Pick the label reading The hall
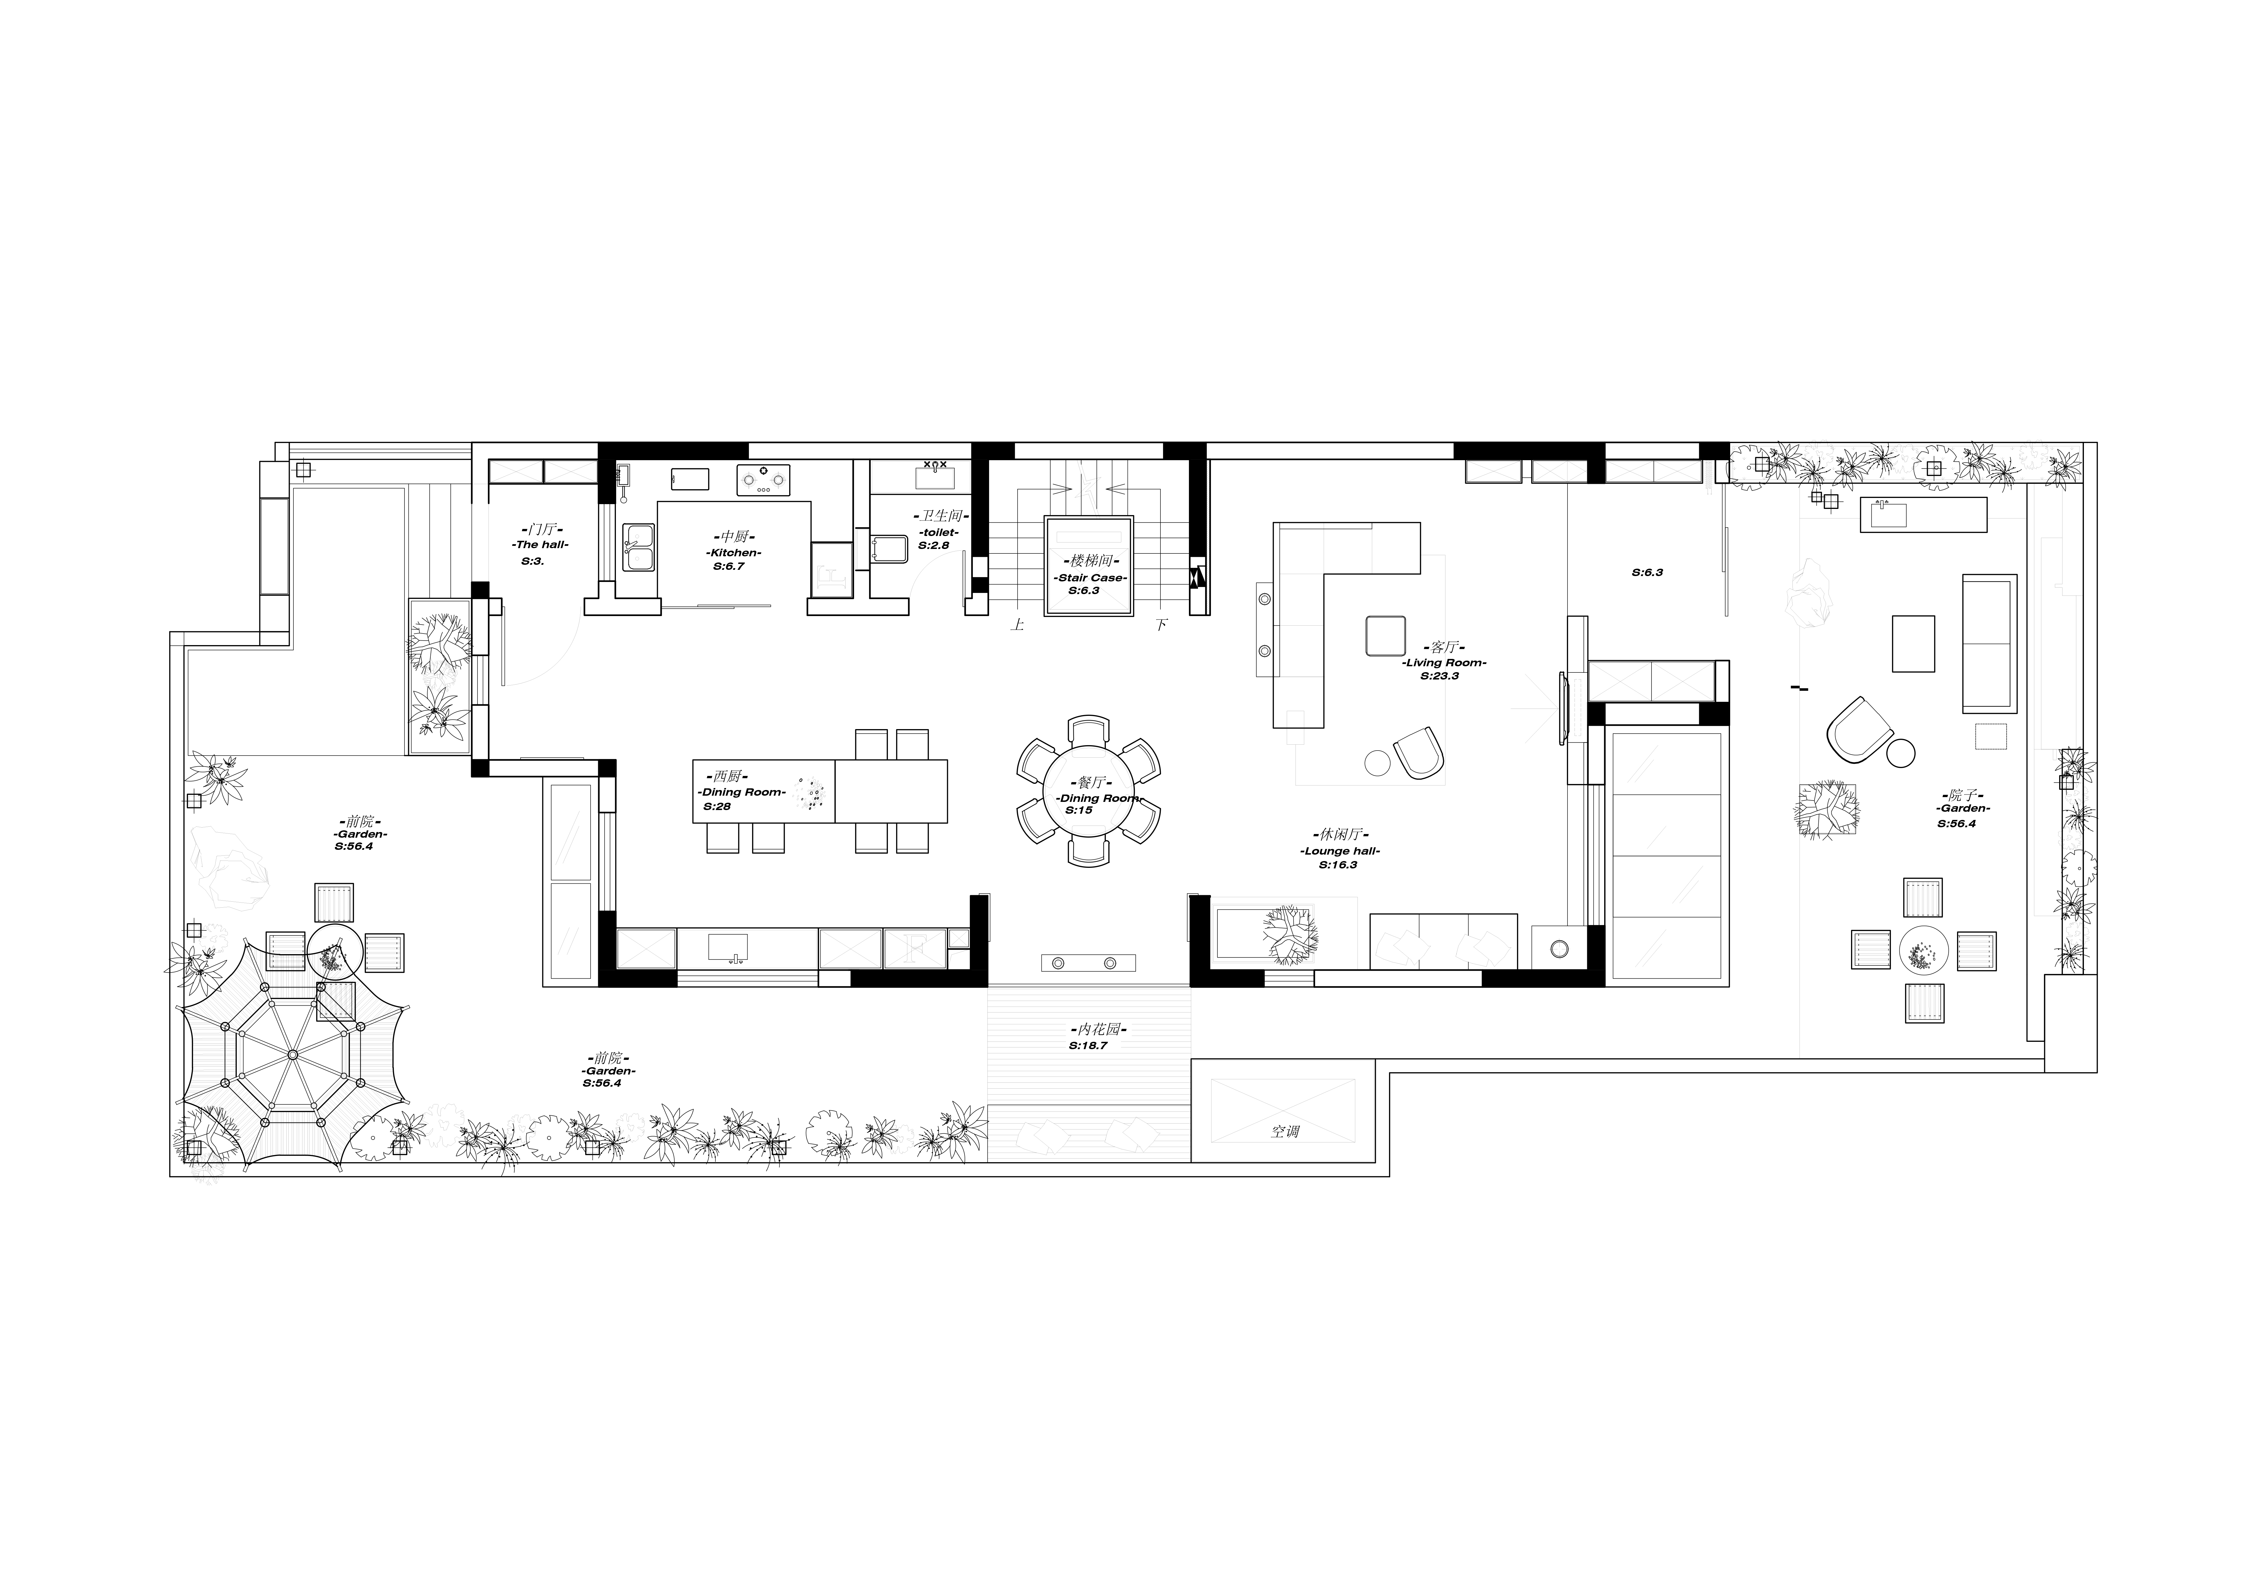[x=540, y=544]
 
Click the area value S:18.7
[x=1088, y=1046]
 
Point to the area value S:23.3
[x=1440, y=676]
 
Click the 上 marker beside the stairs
[x=1018, y=625]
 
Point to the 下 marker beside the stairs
[x=1162, y=625]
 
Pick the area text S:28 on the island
[x=717, y=806]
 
